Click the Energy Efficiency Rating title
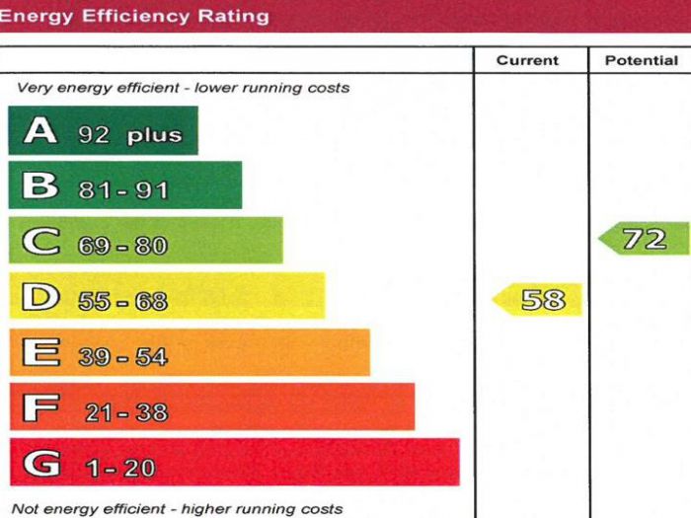(135, 16)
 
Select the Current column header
(528, 60)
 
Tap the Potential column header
(641, 60)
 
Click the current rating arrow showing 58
(539, 299)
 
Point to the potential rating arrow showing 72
(644, 239)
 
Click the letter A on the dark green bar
(41, 131)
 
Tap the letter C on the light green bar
(40, 242)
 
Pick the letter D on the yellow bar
(40, 298)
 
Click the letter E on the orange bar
(40, 353)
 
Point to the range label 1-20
(119, 468)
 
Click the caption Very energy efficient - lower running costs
(183, 88)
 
